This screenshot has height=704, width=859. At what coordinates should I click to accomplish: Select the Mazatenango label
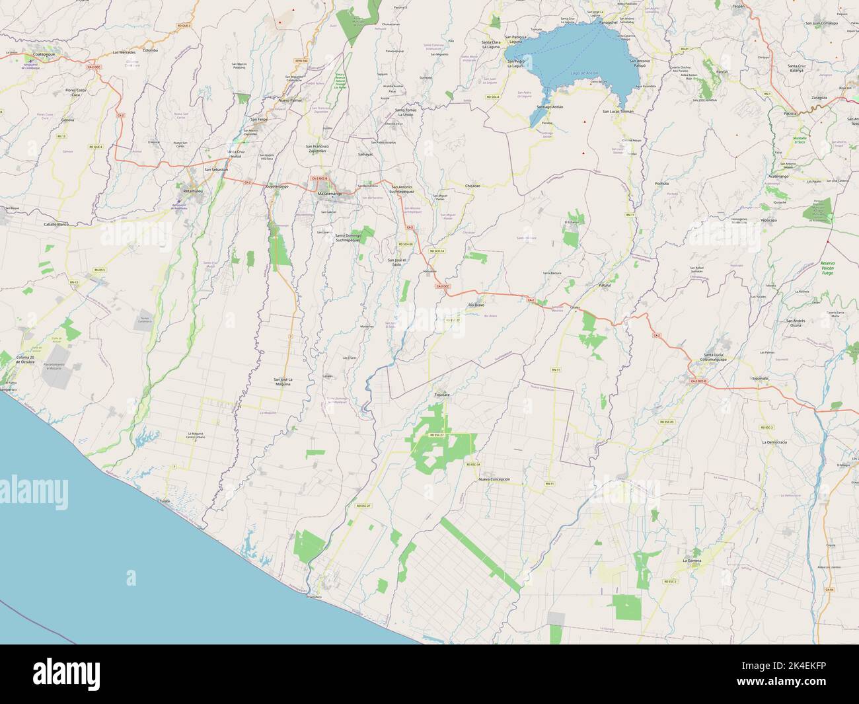(x=330, y=193)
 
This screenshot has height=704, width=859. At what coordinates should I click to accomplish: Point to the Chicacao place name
(x=472, y=186)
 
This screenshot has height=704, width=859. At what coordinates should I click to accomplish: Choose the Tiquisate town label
(x=441, y=395)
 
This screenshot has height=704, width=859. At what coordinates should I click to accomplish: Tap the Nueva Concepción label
(x=494, y=479)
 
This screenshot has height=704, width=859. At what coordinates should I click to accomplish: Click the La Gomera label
(x=692, y=560)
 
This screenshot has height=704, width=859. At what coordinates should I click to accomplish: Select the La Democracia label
(x=774, y=441)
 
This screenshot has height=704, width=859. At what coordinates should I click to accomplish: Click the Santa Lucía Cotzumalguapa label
(x=722, y=357)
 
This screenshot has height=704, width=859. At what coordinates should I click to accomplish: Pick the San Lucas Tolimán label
(x=617, y=111)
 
